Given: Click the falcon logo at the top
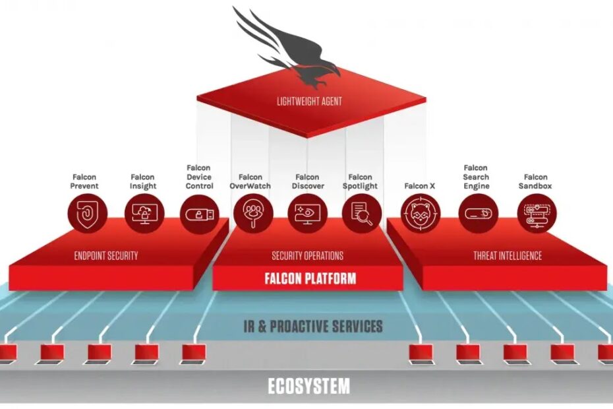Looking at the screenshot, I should pyautogui.click(x=290, y=49).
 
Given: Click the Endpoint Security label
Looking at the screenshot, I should pyautogui.click(x=106, y=256).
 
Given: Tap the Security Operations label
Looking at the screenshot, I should pyautogui.click(x=307, y=256).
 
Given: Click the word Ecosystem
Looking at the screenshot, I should pyautogui.click(x=308, y=386).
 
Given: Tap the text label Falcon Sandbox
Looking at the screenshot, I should pyautogui.click(x=536, y=181).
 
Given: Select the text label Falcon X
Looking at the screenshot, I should pyautogui.click(x=420, y=186).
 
